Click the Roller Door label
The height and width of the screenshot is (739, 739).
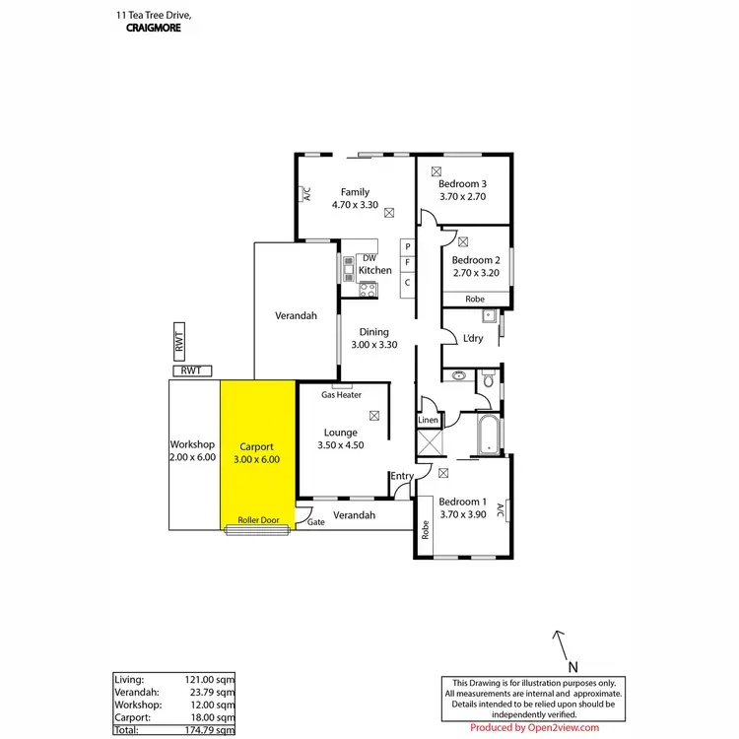258,520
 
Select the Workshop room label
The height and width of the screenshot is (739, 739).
192,444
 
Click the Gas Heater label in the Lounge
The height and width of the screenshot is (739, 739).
342,395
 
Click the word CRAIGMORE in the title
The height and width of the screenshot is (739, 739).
154,29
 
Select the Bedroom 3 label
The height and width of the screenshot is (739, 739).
463,184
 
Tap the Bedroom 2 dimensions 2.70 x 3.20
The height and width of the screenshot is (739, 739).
477,273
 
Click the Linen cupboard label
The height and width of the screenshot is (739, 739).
428,421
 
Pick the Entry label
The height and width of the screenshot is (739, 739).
402,477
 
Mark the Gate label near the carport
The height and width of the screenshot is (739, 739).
316,523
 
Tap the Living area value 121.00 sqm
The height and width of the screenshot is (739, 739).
212,679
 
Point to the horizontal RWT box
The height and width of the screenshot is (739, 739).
192,370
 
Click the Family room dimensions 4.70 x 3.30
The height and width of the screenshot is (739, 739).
355,205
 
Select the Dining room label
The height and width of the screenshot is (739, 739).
374,332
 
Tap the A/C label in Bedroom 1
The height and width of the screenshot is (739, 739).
501,510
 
